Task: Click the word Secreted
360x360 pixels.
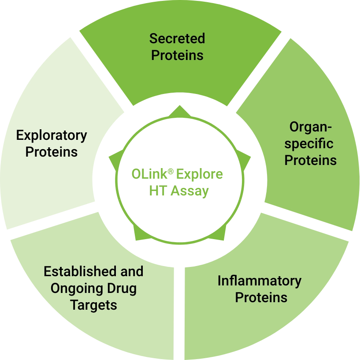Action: (177, 38)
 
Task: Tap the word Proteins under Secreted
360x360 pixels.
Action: (177, 55)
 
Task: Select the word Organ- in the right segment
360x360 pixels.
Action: (310, 127)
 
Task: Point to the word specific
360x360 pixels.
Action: (310, 143)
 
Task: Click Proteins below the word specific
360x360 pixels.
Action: (310, 160)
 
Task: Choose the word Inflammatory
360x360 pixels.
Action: (260, 281)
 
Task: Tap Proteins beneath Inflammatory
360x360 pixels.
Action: (261, 297)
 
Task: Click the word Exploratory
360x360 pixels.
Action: (52, 135)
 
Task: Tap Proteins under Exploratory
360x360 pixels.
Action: (52, 152)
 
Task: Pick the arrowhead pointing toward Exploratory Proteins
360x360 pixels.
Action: (114, 157)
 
